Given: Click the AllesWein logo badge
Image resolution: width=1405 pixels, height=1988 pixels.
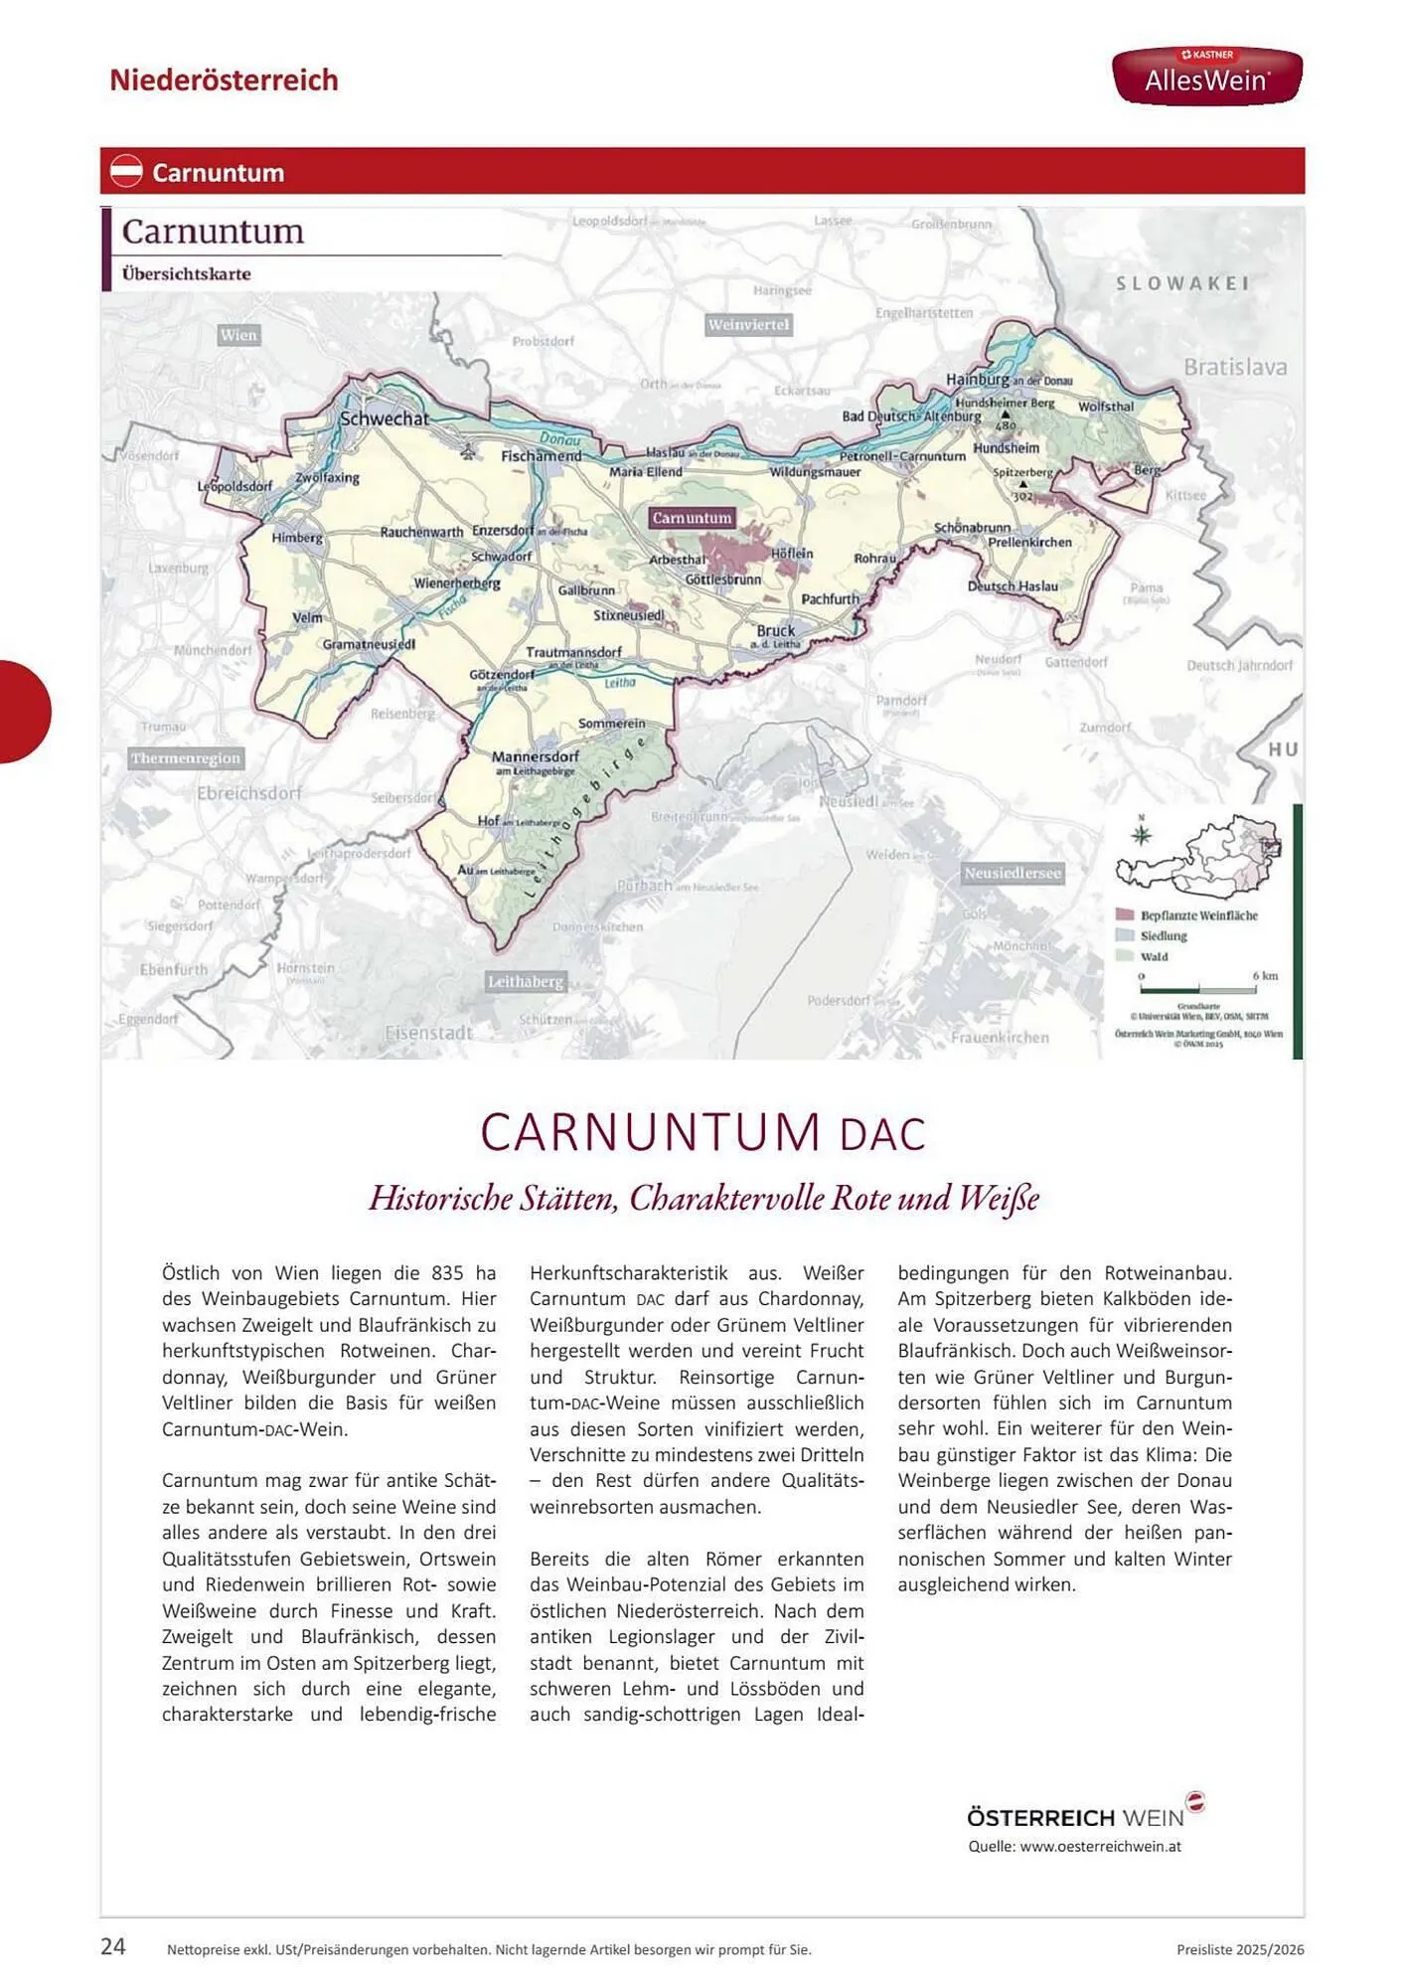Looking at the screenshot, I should pos(1206,76).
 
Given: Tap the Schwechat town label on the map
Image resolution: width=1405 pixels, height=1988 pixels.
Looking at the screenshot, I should pos(384,418).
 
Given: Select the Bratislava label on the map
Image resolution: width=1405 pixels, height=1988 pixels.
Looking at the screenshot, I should pos(1234,367).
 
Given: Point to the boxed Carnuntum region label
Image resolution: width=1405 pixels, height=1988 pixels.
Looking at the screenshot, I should pos(692,518).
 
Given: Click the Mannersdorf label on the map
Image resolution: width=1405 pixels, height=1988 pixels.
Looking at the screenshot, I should pos(535,757).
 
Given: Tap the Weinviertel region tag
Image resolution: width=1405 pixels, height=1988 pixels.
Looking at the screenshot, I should pos(748,325).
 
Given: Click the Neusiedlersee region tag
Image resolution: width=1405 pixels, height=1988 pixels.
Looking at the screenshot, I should pos(1012,873).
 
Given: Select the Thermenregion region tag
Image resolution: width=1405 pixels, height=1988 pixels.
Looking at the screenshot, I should pos(186,758).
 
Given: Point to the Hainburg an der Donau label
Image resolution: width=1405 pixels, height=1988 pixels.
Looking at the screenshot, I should pos(1007,380).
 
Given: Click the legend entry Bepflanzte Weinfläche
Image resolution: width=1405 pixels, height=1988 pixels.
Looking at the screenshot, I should pos(1197,915).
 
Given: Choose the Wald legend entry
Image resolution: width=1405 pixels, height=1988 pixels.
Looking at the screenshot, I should pos(1153,956).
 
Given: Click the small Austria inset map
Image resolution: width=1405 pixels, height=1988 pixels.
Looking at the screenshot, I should pos(1197,855).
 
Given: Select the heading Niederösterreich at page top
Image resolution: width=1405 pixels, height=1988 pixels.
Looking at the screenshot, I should pos(224,80).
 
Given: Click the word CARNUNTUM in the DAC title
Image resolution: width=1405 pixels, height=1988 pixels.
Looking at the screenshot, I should pos(651,1132).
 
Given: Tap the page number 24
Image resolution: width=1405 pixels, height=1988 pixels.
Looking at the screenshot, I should pos(113,1946).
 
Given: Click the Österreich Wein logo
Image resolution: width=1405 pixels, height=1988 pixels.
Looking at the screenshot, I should pos(1083,1814).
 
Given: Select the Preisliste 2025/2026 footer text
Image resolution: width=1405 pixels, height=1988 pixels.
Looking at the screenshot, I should pos(1239,1949).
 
